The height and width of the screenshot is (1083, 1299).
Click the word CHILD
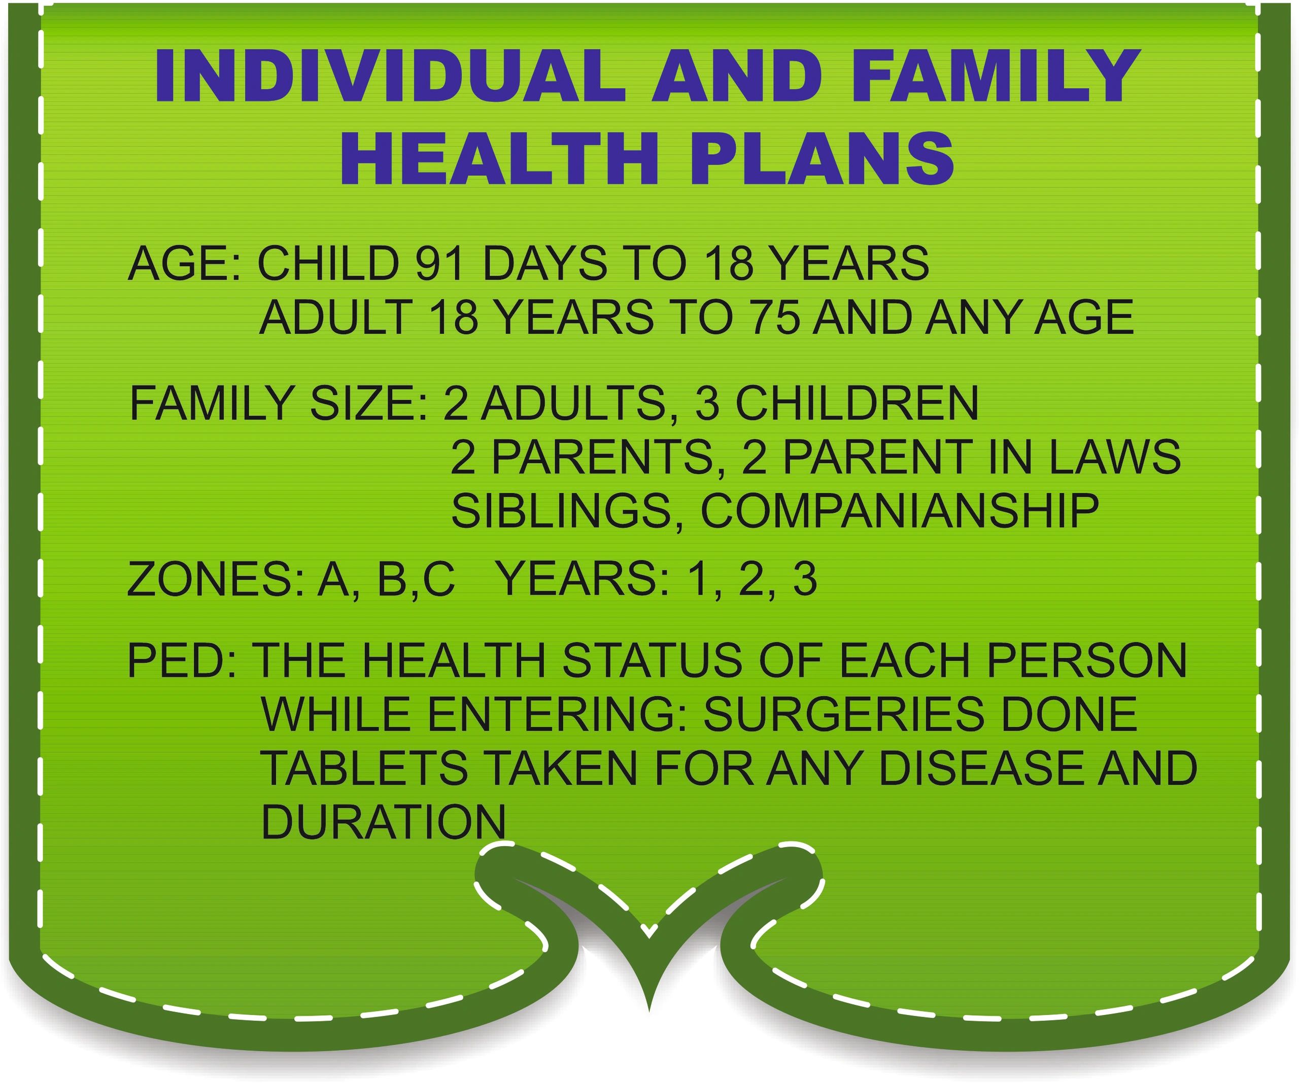(x=328, y=263)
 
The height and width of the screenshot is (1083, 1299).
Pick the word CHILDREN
(x=857, y=403)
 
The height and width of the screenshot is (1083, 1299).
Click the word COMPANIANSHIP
(x=900, y=510)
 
